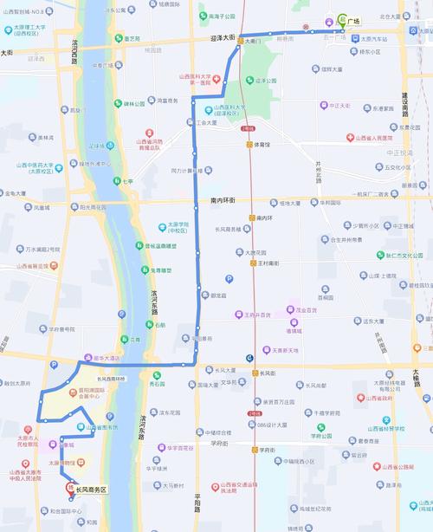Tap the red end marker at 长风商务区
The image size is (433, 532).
(70, 488)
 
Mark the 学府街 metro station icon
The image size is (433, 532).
(254, 450)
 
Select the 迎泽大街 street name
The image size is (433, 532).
(223, 38)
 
